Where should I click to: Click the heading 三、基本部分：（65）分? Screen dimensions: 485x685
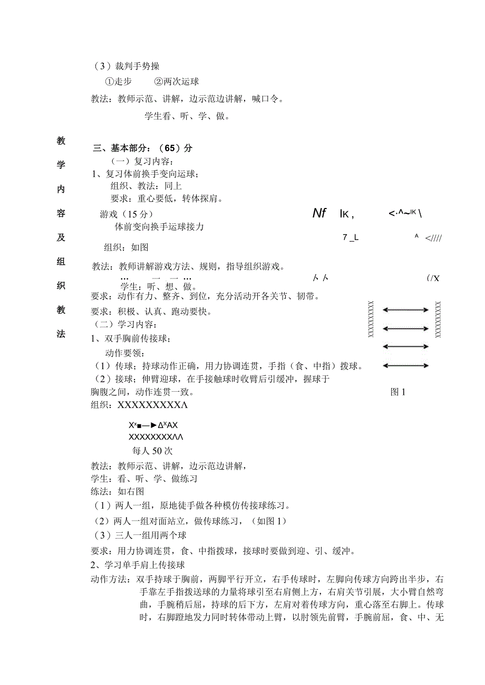pos(143,148)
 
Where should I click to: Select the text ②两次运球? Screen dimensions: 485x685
pos(176,82)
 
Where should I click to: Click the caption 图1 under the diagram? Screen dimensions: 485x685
pos(397,392)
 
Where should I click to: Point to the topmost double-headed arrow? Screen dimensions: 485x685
pos(405,311)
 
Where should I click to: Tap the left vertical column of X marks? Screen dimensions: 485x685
pos(371,319)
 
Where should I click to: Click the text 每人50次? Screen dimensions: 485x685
pos(152,451)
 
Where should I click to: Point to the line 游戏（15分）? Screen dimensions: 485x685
pos(127,214)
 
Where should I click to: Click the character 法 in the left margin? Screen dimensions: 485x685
pos(61,335)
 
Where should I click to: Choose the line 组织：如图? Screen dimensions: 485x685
pos(127,247)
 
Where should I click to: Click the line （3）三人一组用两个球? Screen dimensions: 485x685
pos(140,535)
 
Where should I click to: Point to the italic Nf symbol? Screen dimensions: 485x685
pos(319,213)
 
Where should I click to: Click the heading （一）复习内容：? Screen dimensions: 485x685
pos(141,161)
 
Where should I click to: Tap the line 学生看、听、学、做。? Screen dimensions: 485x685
pos(187,116)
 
